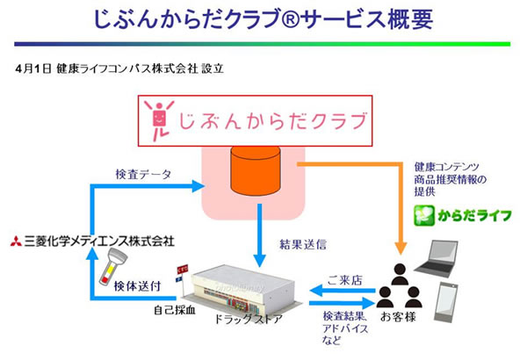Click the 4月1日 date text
point(32,68)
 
